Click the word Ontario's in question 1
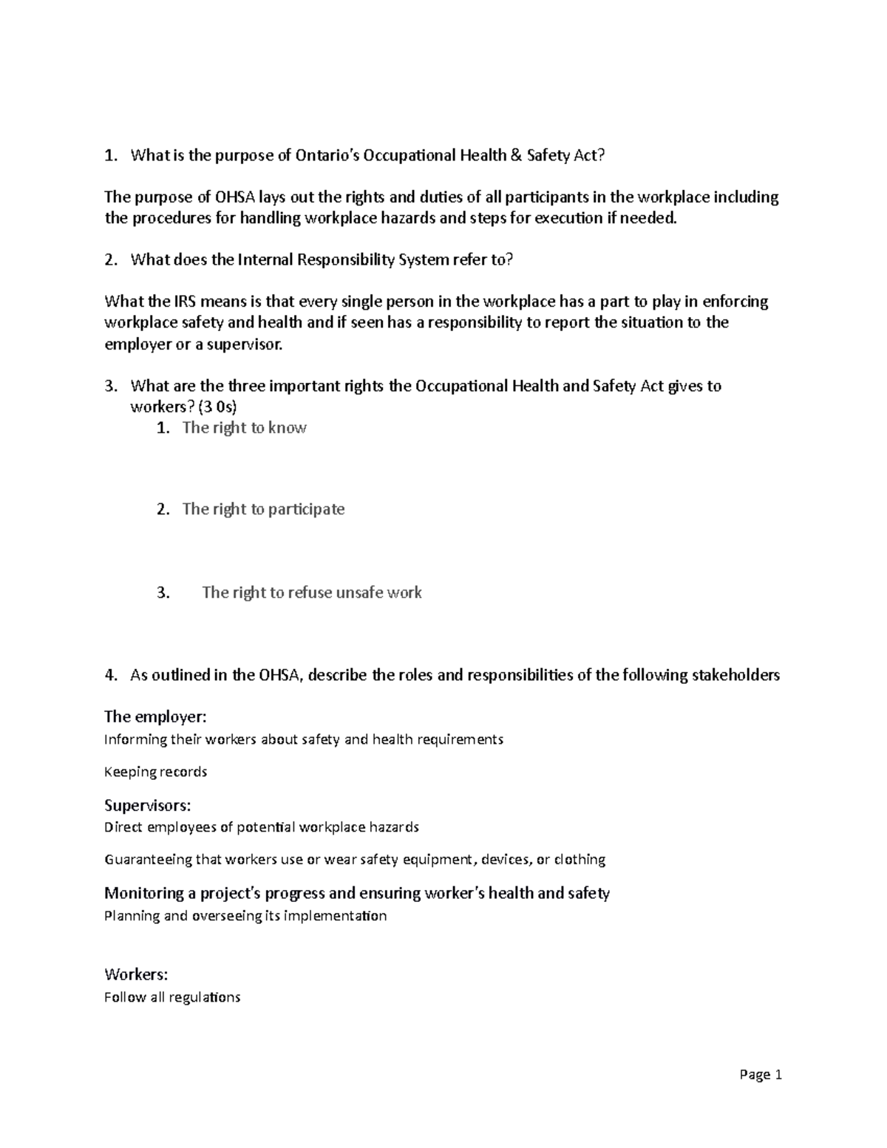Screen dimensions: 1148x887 point(325,155)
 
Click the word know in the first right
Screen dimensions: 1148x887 point(288,428)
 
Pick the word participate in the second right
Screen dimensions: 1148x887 point(306,509)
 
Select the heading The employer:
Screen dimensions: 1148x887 point(155,716)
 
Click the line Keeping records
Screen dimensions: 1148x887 point(155,772)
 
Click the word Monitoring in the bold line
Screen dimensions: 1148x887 point(143,893)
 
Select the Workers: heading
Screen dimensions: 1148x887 point(136,975)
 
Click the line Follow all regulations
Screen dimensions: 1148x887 point(172,997)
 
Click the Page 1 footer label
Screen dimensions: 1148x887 point(760,1075)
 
